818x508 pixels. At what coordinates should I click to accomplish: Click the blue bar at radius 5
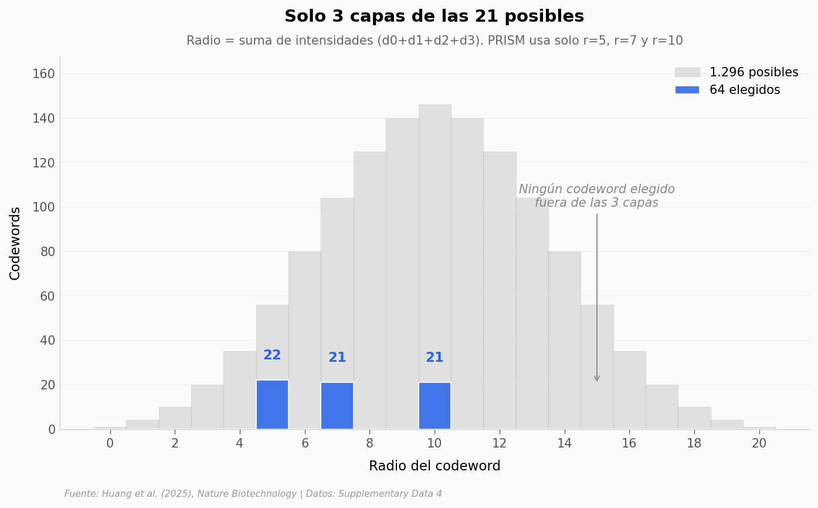tap(272, 405)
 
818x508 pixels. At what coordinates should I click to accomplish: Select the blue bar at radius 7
tap(337, 406)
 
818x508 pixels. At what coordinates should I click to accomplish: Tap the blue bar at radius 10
tap(435, 406)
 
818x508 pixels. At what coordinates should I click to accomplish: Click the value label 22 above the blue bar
tap(272, 355)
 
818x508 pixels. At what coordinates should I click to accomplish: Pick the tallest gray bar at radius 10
tap(435, 235)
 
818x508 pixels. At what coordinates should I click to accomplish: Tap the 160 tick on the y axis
tap(43, 74)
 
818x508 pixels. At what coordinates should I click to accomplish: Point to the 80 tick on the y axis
tap(47, 252)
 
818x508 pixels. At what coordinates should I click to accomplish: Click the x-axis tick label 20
tap(759, 444)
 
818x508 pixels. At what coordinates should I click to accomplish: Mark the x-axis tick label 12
tap(499, 444)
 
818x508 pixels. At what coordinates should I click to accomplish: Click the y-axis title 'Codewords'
tap(15, 243)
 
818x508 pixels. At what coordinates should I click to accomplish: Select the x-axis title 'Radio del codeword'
tap(435, 466)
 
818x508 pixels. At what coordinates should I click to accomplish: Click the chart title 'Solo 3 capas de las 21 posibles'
tap(434, 16)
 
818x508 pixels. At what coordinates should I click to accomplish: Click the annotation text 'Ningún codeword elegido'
tap(596, 190)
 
